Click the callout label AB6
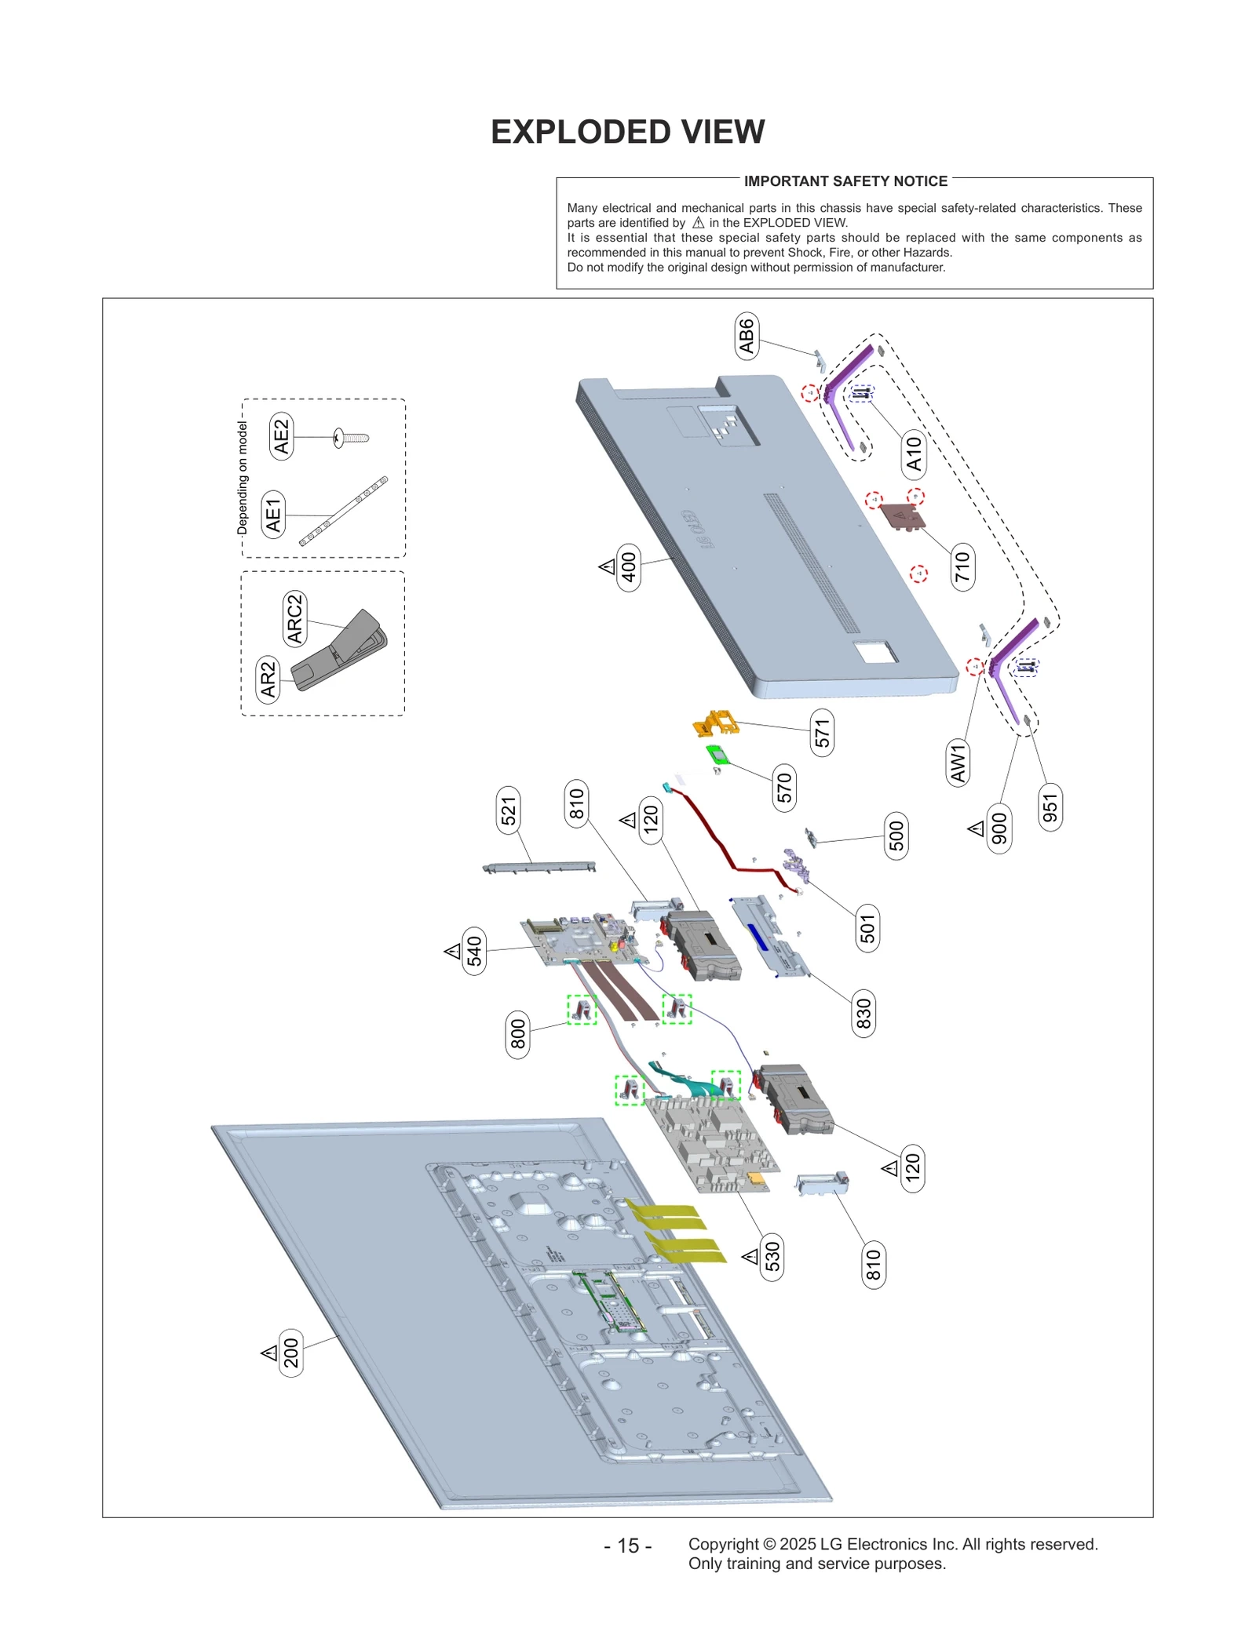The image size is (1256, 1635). (746, 336)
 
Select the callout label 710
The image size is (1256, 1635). (962, 566)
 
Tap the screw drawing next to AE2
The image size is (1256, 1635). (351, 438)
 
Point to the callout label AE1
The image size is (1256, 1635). (272, 515)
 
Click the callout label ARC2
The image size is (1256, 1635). (294, 619)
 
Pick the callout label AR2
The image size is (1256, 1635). (268, 679)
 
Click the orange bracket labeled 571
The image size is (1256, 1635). (716, 723)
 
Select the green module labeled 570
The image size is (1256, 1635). (717, 755)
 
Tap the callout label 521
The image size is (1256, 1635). (509, 810)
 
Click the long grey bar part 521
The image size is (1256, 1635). (539, 866)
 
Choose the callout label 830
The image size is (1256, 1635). (863, 1013)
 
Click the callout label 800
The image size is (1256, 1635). (517, 1034)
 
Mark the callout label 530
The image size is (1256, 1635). (772, 1256)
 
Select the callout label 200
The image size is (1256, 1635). (291, 1353)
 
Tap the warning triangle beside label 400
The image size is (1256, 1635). (607, 566)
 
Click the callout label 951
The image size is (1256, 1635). (1050, 807)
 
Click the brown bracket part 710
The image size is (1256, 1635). (901, 516)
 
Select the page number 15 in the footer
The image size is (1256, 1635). (627, 1546)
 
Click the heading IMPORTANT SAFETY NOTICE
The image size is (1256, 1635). (845, 181)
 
